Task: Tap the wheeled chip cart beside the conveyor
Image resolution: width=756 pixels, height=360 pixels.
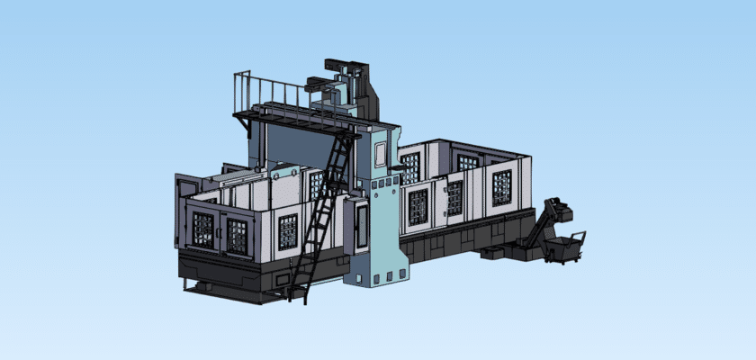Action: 565,247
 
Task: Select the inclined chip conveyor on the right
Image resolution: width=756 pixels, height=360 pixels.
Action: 544,225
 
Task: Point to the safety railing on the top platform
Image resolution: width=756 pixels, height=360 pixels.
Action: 270,93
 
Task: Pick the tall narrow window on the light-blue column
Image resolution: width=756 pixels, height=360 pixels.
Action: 381,154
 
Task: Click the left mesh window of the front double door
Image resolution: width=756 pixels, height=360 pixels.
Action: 203,230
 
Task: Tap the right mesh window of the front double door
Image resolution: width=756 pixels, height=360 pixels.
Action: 237,235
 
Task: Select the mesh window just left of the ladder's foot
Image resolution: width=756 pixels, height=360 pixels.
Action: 288,231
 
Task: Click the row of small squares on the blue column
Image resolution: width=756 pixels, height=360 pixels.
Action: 382,184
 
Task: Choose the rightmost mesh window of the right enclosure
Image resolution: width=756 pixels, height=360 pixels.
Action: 501,188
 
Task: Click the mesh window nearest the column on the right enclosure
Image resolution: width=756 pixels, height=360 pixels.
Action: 418,207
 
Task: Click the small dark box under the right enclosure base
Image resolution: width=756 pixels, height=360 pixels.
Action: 492,253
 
